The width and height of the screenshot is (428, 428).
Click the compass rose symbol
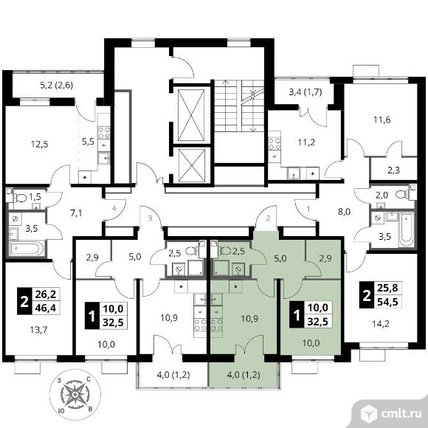[x=75, y=395]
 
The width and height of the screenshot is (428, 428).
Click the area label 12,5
[x=40, y=144]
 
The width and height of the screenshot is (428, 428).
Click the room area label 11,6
[x=382, y=120]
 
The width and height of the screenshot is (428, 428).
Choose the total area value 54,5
[x=387, y=302]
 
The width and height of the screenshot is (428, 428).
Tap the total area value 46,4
[x=46, y=308]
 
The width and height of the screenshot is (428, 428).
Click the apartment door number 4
[x=114, y=209]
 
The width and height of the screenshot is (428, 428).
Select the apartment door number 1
[x=308, y=209]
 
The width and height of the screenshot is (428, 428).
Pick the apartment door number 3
[x=150, y=218]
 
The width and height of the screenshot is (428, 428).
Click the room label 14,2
[x=381, y=324]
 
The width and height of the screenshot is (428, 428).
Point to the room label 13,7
[x=39, y=330]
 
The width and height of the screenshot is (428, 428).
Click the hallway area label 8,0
[x=344, y=212]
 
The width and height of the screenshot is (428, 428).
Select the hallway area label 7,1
[x=76, y=213]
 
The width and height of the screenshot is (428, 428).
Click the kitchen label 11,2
[x=306, y=142]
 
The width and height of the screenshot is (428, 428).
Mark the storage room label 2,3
[x=393, y=170]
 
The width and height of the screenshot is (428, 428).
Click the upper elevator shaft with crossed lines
[x=191, y=115]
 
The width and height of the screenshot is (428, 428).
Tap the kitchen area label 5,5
[x=88, y=142]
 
